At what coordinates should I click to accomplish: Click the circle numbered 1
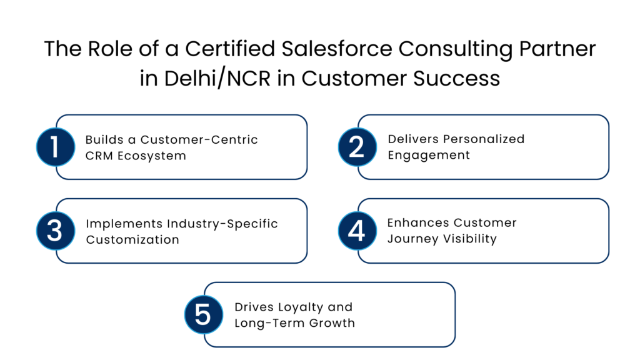point(55,147)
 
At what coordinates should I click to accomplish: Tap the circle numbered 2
point(357,147)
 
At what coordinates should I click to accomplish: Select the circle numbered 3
point(55,231)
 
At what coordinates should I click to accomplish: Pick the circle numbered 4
point(357,231)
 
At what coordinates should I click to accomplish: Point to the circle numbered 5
point(203,314)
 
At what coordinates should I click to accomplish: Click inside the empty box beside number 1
point(187,147)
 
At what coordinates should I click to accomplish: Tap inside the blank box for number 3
point(187,231)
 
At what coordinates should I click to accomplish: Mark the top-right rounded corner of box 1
point(304,119)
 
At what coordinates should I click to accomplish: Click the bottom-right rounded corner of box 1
point(304,176)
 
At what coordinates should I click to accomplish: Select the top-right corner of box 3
point(304,202)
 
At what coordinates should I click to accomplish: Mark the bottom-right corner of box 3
point(304,259)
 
